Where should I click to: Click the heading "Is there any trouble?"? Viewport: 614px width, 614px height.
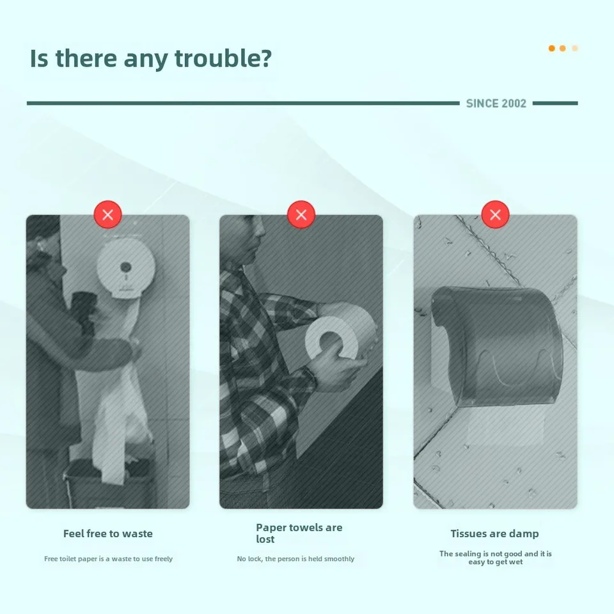[151, 59]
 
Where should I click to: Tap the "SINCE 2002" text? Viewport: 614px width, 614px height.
[496, 104]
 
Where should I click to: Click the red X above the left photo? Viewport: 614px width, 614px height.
[107, 215]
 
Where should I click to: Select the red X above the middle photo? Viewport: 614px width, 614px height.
[301, 215]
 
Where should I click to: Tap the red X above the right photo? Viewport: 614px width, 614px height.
[495, 215]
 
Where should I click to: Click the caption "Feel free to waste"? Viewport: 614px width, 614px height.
[108, 533]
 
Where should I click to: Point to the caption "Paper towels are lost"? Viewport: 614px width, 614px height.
[299, 533]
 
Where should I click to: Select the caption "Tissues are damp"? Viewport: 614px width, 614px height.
[494, 533]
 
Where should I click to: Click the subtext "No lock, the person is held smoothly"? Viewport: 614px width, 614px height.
[295, 559]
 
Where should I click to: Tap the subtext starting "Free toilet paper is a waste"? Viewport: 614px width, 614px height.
[109, 559]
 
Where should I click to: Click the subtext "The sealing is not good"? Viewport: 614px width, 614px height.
[495, 558]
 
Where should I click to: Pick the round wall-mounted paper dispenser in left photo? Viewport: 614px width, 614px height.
[126, 269]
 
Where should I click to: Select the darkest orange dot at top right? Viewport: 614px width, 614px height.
[552, 49]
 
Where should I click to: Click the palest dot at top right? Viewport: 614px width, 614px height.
[575, 49]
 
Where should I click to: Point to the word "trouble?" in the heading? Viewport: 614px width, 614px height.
[223, 58]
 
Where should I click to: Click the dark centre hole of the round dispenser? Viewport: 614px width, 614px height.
[126, 267]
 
